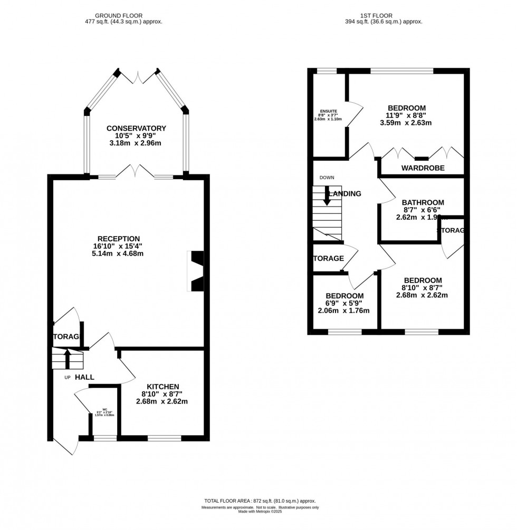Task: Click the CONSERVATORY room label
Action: point(136,129)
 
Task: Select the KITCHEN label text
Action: point(163,386)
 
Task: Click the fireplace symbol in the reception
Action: point(196,271)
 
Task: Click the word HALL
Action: point(84,377)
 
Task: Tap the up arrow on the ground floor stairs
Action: point(67,358)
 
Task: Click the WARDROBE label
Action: point(423,168)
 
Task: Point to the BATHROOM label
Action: point(423,202)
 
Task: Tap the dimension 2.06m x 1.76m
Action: point(343,310)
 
